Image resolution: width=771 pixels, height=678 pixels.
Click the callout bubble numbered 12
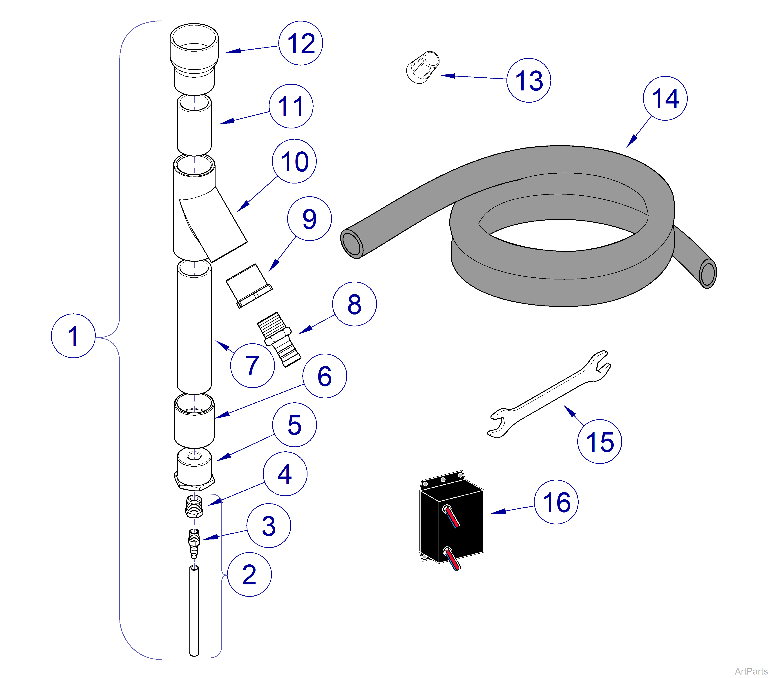pyautogui.click(x=301, y=43)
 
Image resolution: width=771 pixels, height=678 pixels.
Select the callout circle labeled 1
pyautogui.click(x=73, y=336)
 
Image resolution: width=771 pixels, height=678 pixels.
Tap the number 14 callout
pyautogui.click(x=665, y=98)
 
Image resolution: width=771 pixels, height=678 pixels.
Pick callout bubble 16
pyautogui.click(x=556, y=502)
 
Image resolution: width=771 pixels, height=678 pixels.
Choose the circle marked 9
pyautogui.click(x=309, y=219)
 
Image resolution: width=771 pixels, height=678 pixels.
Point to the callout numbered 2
pyautogui.click(x=249, y=574)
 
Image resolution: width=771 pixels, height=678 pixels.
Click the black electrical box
pyautogui.click(x=452, y=520)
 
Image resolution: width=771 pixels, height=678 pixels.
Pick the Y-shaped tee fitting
pyautogui.click(x=204, y=211)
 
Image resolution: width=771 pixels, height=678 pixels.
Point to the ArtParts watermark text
pyautogui.click(x=751, y=671)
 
